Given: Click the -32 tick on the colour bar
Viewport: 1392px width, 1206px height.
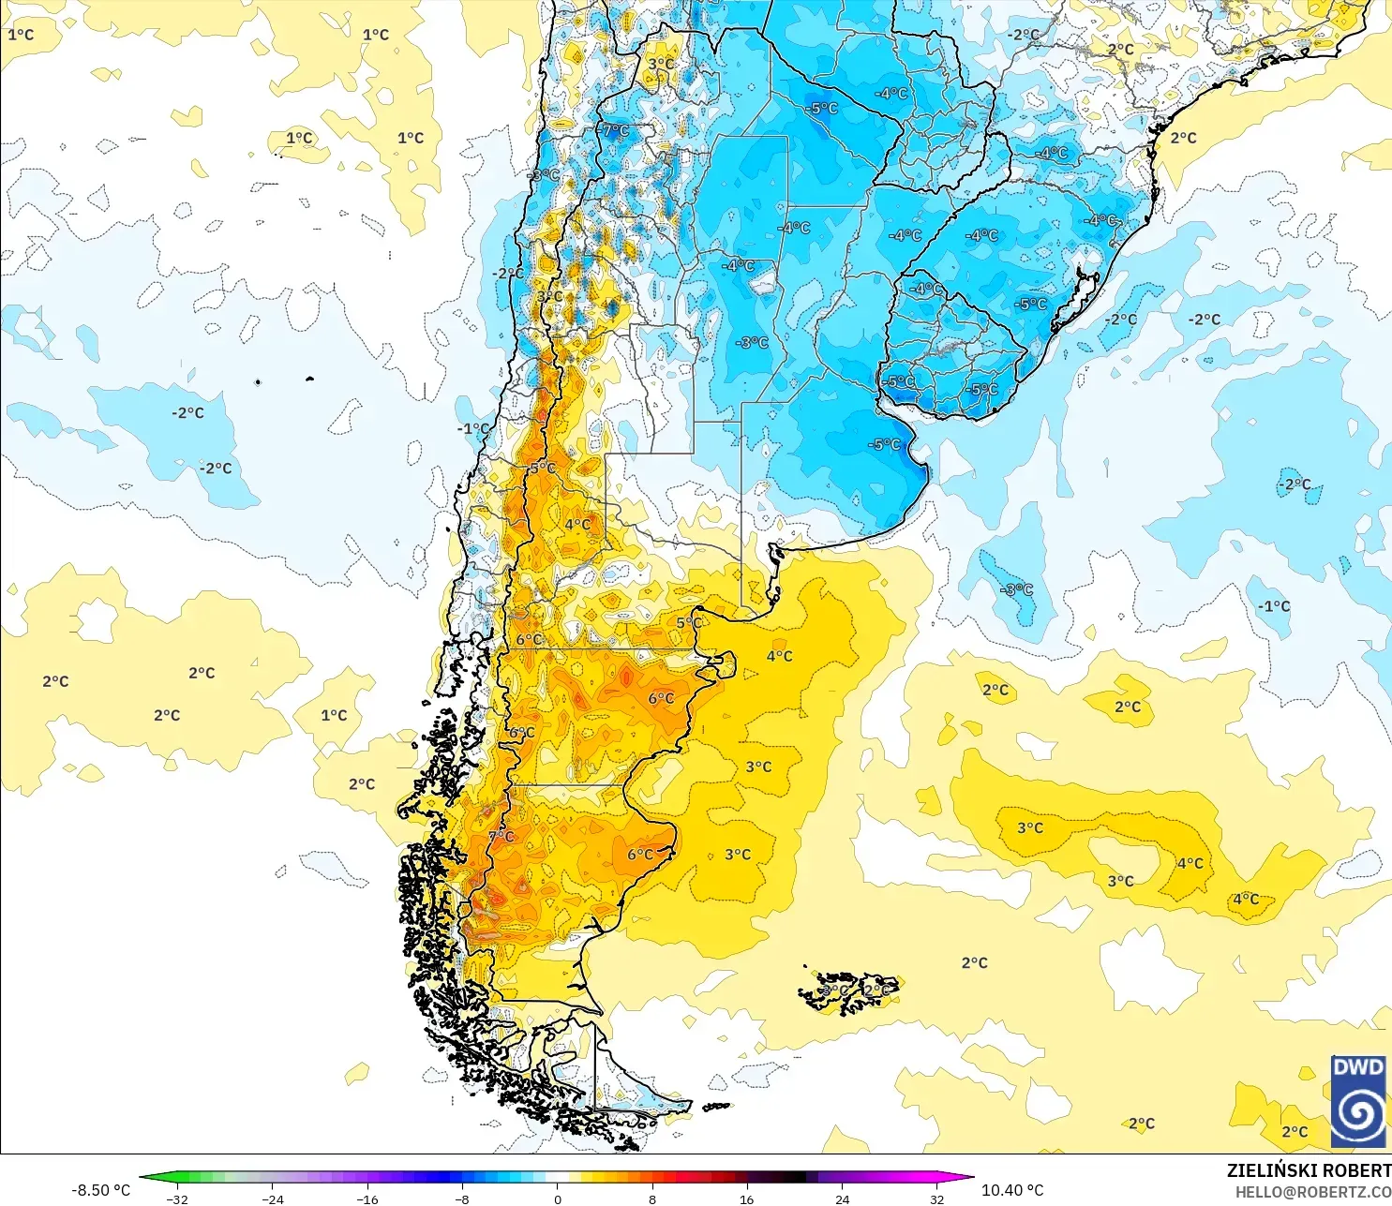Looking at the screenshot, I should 177,1199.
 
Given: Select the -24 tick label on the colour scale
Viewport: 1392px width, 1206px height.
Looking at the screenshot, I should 272,1199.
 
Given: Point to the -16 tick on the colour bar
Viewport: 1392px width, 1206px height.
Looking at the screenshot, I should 367,1199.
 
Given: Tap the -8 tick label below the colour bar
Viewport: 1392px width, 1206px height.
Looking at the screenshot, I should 462,1199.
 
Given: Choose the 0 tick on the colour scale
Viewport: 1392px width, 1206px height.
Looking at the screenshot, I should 558,1199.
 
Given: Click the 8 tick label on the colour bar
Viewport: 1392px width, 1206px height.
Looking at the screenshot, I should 652,1199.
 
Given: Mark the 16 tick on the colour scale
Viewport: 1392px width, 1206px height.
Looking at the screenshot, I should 747,1199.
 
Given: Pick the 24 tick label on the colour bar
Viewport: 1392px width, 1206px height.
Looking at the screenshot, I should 842,1199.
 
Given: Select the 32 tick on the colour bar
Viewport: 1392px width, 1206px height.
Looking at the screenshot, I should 936,1199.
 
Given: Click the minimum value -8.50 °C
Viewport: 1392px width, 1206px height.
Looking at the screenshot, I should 101,1190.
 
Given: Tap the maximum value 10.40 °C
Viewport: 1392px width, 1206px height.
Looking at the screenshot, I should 1012,1190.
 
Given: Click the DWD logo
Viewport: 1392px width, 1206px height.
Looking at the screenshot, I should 1358,1101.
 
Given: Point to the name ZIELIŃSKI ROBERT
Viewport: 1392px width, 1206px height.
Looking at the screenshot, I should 1309,1170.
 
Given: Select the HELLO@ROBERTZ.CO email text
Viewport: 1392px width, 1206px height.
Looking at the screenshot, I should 1312,1192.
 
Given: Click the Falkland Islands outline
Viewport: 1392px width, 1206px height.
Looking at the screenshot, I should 849,992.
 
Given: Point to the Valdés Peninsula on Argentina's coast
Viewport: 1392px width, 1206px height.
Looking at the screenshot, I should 722,664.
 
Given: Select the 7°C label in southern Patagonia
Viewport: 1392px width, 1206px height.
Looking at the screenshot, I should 502,836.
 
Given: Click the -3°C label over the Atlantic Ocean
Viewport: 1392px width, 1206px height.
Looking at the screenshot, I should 1017,589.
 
